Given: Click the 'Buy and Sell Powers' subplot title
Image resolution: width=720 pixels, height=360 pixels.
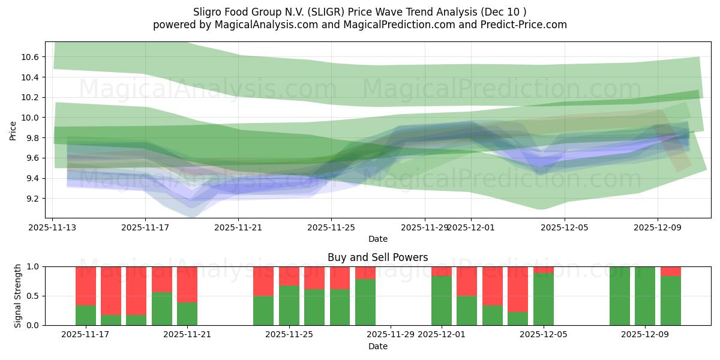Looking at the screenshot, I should [x=377, y=257].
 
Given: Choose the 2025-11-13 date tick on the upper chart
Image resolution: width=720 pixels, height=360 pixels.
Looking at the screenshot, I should [x=53, y=227].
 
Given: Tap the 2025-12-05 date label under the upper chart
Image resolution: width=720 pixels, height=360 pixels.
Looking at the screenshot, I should [x=564, y=227].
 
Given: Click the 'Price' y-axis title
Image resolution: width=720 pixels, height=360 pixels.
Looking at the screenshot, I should [x=13, y=131].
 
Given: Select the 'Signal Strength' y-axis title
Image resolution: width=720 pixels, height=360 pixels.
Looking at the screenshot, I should [x=18, y=295].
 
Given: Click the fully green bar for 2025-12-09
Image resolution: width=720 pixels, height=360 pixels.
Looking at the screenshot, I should [x=645, y=296].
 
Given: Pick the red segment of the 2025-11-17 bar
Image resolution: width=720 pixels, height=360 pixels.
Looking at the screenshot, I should [x=86, y=286].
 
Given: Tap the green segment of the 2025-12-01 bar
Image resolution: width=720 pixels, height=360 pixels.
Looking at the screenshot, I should [x=442, y=301].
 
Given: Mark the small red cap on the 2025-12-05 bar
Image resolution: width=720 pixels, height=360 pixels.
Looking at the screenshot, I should [x=544, y=269].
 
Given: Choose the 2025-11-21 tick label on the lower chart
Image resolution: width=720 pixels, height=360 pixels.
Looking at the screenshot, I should [x=188, y=334].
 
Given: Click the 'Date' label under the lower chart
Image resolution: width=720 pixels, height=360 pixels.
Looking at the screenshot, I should [x=377, y=346].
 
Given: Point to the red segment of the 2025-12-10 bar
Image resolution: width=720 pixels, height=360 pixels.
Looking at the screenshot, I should [x=671, y=271].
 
